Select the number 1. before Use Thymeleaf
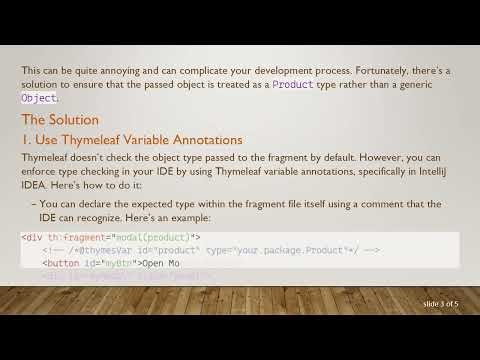pyautogui.click(x=27, y=139)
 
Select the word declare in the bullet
pyautogui.click(x=93, y=204)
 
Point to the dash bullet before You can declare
pyautogui.click(x=35, y=204)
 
